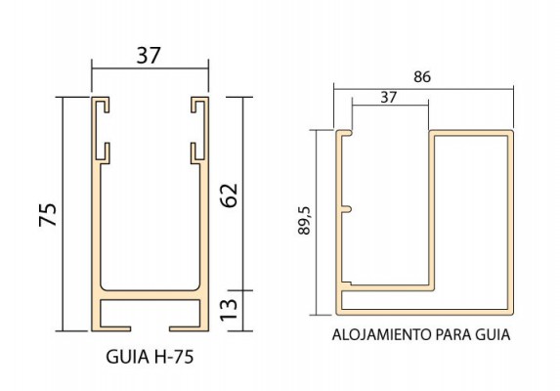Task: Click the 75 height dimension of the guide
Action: pyautogui.click(x=48, y=215)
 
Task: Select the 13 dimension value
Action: pyautogui.click(x=229, y=310)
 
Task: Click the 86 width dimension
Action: pyautogui.click(x=422, y=77)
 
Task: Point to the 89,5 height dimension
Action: pyautogui.click(x=304, y=220)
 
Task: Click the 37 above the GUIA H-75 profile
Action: pyautogui.click(x=149, y=56)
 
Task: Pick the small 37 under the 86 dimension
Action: pyautogui.click(x=389, y=97)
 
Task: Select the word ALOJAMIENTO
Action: pyautogui.click(x=382, y=335)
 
